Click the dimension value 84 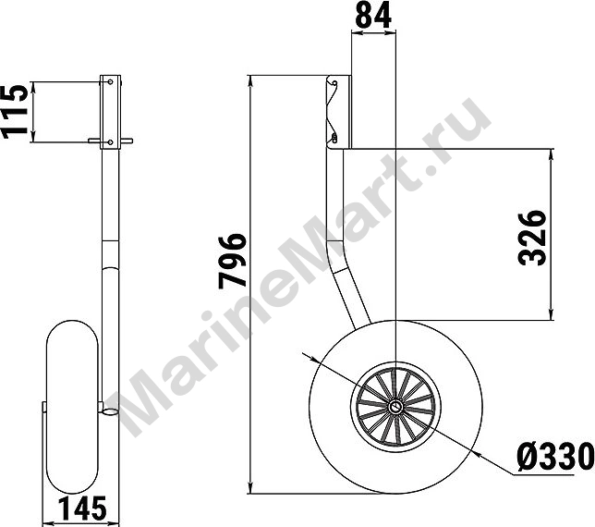point(374,16)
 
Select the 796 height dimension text point(232,261)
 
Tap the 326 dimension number point(532,238)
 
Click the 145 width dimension point(82,509)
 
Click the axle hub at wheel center point(395,407)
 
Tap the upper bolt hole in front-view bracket point(111,81)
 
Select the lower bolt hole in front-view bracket point(111,142)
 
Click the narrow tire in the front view point(72,407)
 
